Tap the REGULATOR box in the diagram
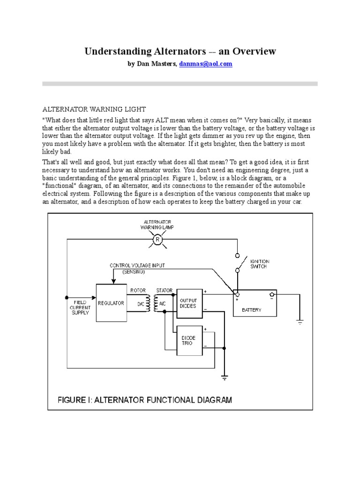111,303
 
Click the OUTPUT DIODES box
189,303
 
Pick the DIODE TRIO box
189,341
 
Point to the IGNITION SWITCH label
260,264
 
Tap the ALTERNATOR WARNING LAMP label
157,224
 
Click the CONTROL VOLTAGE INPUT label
137,266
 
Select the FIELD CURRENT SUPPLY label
80,307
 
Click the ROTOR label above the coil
137,291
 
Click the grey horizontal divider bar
180,84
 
